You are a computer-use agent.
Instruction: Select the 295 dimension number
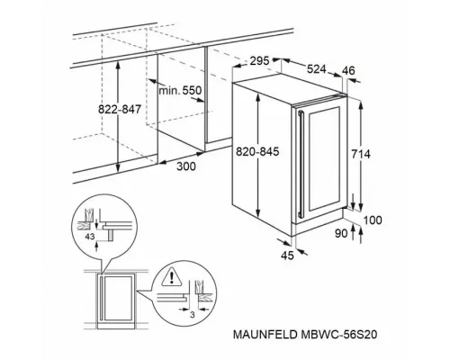coord(260,61)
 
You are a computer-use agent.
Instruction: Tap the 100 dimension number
coord(372,219)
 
